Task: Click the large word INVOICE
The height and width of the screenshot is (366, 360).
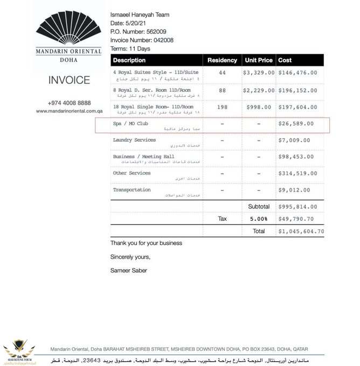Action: point(70,80)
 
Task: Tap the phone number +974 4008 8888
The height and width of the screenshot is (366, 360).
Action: point(70,103)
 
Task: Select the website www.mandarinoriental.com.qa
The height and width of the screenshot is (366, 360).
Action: point(70,111)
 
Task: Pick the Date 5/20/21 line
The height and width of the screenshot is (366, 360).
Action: point(125,24)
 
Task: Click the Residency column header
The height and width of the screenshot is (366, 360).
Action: point(222,60)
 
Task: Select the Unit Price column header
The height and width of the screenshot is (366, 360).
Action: point(258,60)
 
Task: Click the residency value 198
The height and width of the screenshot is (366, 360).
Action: point(222,107)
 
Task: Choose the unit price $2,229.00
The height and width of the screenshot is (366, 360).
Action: point(259,90)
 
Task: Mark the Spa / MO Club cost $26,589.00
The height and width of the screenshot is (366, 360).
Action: point(297,124)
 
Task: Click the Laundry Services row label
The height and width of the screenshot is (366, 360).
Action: point(134,140)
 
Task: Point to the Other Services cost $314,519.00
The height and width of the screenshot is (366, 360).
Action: point(297,174)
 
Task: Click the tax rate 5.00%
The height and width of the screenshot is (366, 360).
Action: point(259,219)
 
